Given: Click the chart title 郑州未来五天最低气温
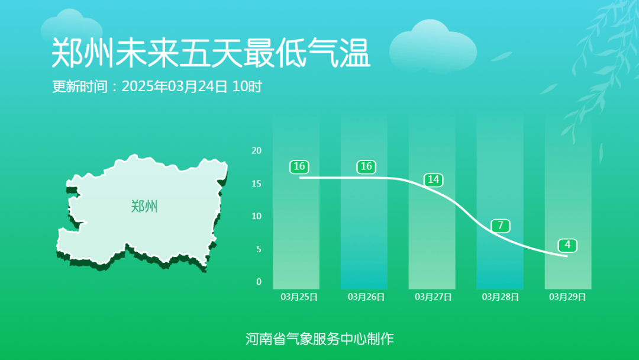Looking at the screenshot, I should pos(211,54).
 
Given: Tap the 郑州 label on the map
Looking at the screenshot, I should pos(144,207).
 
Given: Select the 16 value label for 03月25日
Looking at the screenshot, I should pos(299,167).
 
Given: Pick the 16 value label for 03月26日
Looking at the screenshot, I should pos(366,167).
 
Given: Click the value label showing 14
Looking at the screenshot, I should pos(434,180).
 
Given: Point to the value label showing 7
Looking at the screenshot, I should pos(501,226).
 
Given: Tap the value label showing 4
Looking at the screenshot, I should pos(567,245).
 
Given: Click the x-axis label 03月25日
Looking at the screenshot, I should pos(299,297).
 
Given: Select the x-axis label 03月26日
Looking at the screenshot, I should pos(366,297).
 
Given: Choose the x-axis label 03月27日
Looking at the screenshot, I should pos(433,297).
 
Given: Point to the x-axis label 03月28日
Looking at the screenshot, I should pos(501,297).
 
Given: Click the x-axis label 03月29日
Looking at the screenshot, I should pos(567,297).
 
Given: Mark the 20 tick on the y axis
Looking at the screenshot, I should pos(256,150).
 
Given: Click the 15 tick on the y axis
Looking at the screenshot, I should pos(256,184).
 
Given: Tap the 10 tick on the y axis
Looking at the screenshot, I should pos(256,216).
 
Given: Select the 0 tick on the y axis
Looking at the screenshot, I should pos(259,282).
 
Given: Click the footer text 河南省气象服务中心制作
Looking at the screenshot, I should pos(319,339).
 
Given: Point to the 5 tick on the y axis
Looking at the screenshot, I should pos(259,249).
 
